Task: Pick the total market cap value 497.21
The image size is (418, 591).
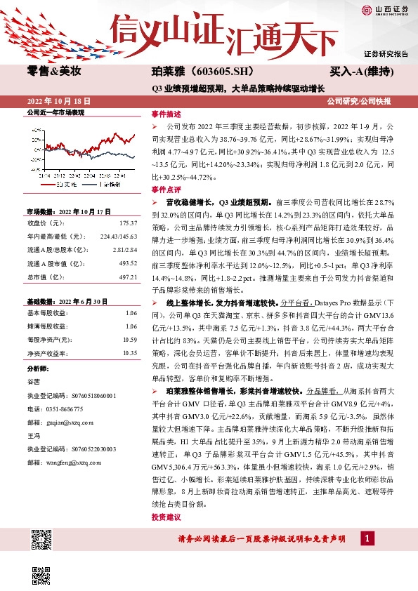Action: (128, 277)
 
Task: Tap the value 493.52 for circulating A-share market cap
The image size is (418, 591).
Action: (128, 263)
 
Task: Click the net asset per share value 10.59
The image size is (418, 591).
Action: (129, 340)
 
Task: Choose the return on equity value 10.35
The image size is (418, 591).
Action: (129, 353)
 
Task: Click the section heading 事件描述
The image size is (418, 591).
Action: (166, 114)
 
